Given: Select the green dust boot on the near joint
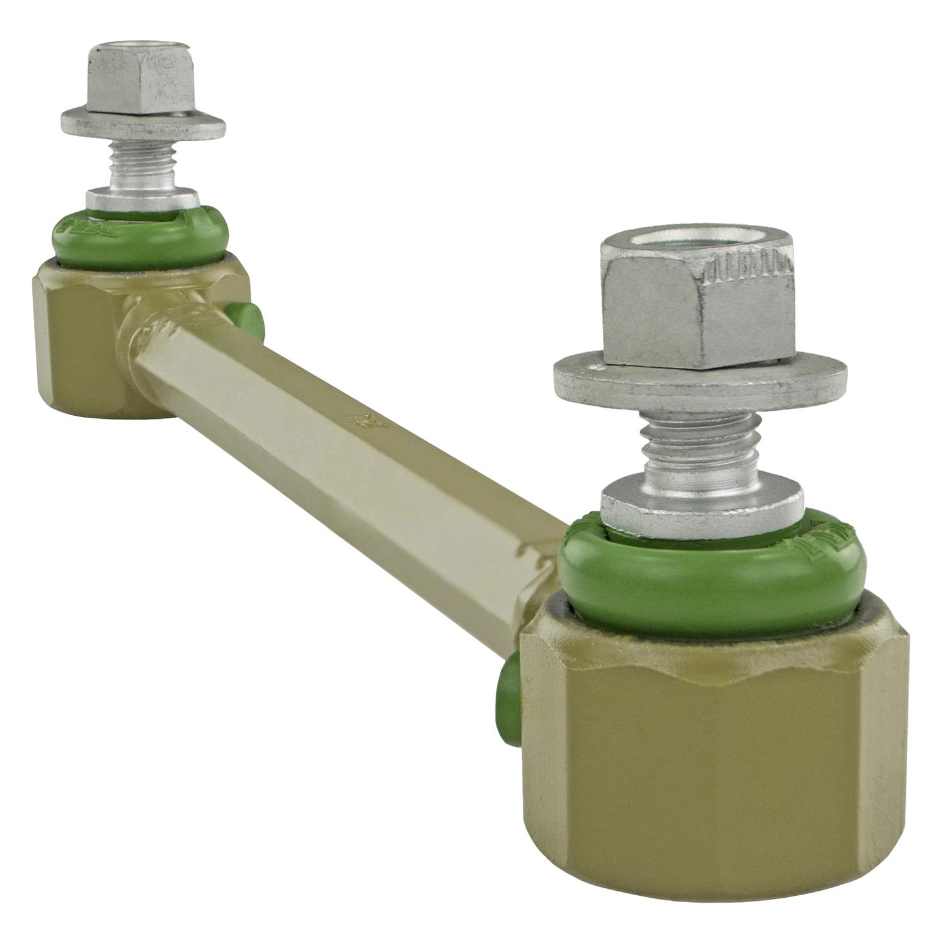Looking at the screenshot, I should [x=706, y=567].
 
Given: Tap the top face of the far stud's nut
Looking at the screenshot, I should [x=139, y=54].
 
